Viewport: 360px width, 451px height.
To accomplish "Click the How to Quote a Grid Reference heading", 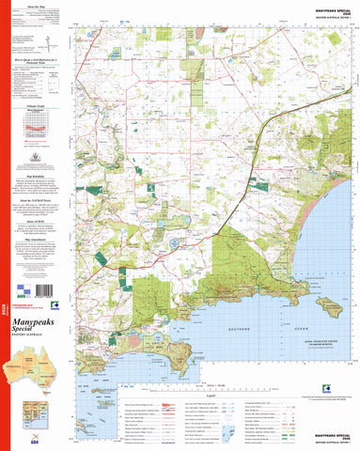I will pyautogui.click(x=33, y=58).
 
